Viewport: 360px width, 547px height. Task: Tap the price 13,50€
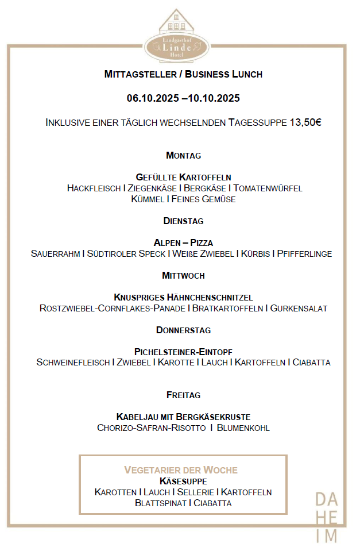[x=305, y=123]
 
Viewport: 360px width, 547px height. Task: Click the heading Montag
[x=183, y=156]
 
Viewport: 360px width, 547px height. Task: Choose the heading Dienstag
[x=183, y=221]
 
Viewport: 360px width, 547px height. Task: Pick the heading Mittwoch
[x=183, y=276]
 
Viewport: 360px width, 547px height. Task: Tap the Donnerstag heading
[x=183, y=330]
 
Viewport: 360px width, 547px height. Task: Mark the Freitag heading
[x=183, y=395]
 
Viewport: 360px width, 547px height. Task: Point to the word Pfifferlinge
[x=304, y=254]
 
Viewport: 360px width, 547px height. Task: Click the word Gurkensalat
[x=299, y=309]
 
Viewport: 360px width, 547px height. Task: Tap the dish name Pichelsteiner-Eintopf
[x=183, y=352]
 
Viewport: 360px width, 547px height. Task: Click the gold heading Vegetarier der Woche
[x=181, y=470]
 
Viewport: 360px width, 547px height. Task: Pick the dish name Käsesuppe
[x=183, y=481]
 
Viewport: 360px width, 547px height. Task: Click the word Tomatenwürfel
[x=268, y=188]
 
